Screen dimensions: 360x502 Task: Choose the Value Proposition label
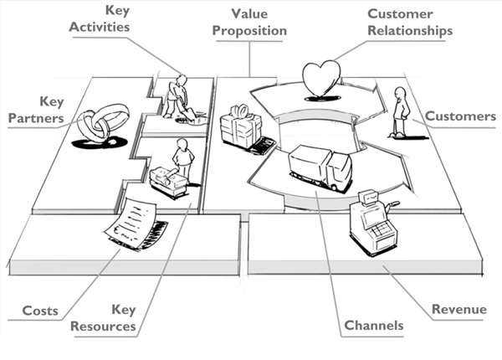click(x=248, y=23)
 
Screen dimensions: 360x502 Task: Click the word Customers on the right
click(x=460, y=116)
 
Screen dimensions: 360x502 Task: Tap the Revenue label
click(x=458, y=310)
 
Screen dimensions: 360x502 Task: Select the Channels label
click(x=373, y=325)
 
